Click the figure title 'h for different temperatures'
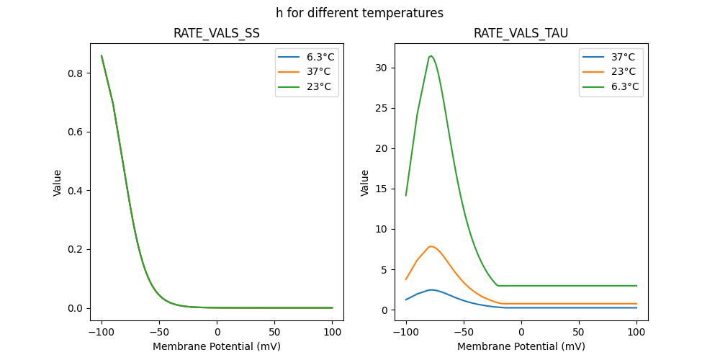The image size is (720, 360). pos(359,13)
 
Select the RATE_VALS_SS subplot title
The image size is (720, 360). pos(217,34)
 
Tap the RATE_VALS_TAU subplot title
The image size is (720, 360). pos(521,34)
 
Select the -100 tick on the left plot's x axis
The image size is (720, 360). pos(101,333)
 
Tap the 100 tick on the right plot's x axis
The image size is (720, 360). pos(636,333)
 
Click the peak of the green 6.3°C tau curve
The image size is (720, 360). pos(431,55)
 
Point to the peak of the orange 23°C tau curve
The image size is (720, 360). pos(431,246)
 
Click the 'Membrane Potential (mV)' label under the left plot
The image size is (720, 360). pos(217,346)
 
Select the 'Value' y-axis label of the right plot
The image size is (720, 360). pos(365,182)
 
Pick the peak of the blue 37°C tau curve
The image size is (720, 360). pos(431,290)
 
